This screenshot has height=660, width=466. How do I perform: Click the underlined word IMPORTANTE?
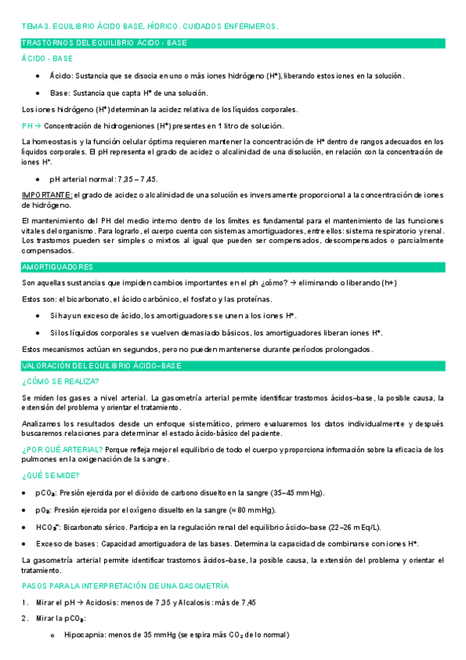(x=47, y=194)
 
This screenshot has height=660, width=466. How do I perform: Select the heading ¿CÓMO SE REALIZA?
(x=60, y=381)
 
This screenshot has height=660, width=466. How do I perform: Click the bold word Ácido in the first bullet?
(x=60, y=75)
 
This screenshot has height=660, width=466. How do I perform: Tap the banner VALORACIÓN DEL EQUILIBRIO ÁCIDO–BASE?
(x=101, y=365)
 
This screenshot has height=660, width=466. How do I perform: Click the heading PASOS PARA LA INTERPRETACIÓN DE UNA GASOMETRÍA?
(x=125, y=585)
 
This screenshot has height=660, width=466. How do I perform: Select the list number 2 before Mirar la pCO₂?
(x=25, y=618)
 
